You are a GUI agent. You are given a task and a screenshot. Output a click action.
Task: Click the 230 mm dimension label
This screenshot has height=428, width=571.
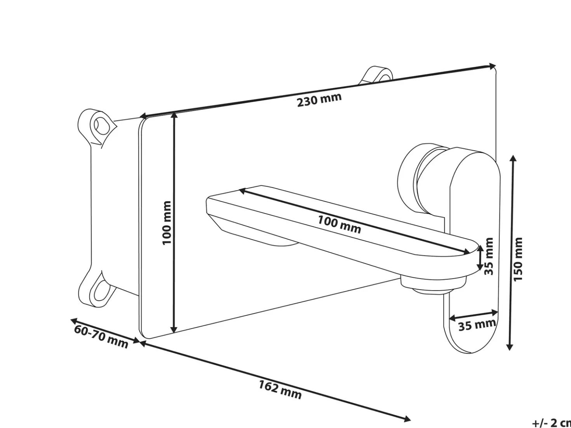coord(319,100)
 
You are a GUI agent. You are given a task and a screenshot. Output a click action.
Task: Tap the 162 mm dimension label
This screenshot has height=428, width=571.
coord(280,390)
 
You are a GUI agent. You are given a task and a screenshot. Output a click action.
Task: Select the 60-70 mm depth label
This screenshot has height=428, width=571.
coord(101,336)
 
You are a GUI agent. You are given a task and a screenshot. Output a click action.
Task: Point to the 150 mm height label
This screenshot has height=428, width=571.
coord(518,259)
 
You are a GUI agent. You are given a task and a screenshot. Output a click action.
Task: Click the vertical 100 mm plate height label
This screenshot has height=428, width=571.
coord(167,223)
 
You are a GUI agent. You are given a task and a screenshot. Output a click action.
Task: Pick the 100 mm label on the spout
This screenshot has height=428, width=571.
coord(339,225)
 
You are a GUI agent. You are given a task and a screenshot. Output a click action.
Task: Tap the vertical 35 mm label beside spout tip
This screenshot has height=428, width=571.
coord(489,256)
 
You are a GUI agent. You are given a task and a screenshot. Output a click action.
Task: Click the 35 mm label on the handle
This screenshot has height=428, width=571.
coord(477,325)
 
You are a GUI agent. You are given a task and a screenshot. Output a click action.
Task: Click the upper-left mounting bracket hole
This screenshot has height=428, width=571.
coord(101,126)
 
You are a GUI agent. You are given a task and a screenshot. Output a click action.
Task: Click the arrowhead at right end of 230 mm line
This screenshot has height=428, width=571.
coord(492,66)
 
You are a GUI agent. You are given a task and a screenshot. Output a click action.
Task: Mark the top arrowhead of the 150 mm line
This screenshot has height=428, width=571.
coord(513,159)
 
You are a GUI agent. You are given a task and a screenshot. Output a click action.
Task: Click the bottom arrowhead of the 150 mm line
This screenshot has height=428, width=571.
coord(510,346)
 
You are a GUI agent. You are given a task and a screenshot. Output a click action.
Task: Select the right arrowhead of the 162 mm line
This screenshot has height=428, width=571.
coord(406,419)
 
